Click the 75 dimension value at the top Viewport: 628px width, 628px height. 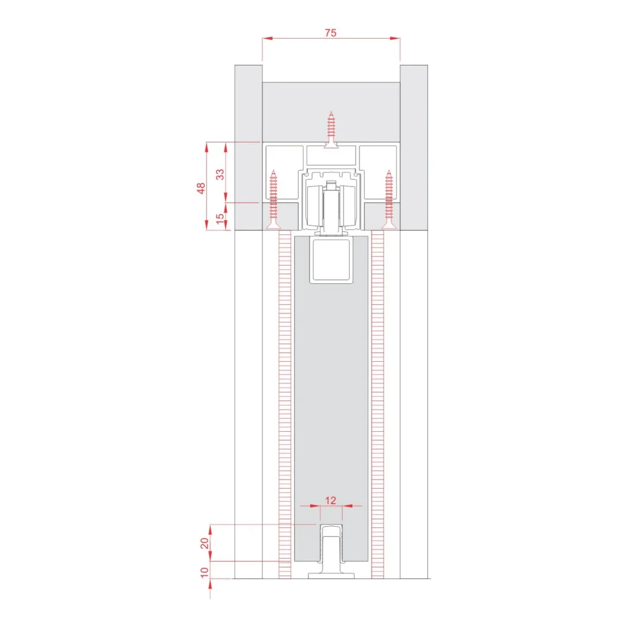click(x=331, y=33)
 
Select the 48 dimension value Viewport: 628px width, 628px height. click(x=201, y=188)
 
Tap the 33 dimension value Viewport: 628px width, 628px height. click(x=220, y=174)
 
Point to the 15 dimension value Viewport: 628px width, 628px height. click(x=220, y=218)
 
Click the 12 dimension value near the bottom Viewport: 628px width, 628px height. click(x=331, y=500)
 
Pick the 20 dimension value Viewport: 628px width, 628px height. click(x=205, y=543)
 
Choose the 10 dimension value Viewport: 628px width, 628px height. click(x=205, y=572)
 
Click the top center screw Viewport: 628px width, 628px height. click(x=331, y=130)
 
